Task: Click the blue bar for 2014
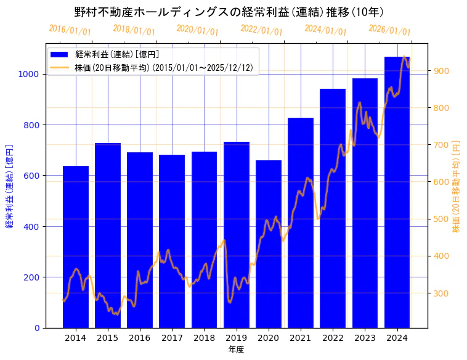click(x=76, y=247)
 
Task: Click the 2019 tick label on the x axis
click(x=237, y=338)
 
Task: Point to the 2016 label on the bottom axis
click(x=140, y=338)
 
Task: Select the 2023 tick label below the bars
click(x=365, y=338)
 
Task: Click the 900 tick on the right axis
click(x=441, y=71)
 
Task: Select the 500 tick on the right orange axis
click(x=441, y=219)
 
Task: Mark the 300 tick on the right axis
click(x=441, y=293)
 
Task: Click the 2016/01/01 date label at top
click(x=70, y=30)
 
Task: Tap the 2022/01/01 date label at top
click(x=262, y=30)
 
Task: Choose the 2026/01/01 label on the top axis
click(x=390, y=30)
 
